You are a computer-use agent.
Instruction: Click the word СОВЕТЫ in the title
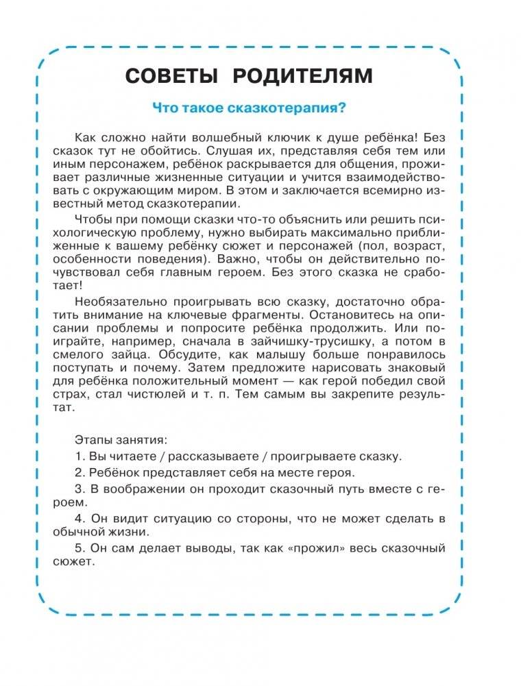pyautogui.click(x=172, y=75)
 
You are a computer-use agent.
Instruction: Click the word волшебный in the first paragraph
pyautogui.click(x=239, y=137)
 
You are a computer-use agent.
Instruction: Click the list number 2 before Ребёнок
pyautogui.click(x=78, y=473)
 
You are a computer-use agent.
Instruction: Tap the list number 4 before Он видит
pyautogui.click(x=78, y=519)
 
